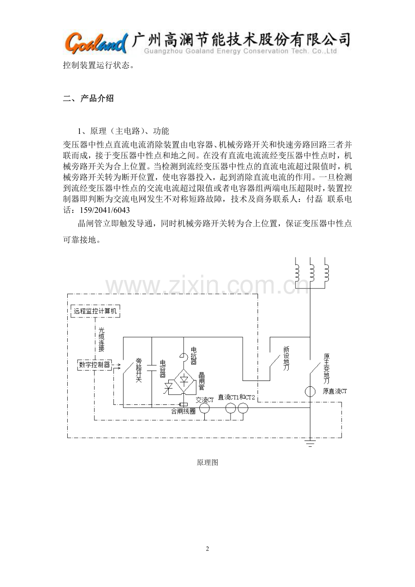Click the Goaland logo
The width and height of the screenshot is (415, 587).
(x=96, y=43)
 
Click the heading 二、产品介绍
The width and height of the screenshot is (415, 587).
(x=88, y=99)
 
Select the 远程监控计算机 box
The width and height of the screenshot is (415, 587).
(x=95, y=311)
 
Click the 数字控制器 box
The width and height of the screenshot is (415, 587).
(x=95, y=365)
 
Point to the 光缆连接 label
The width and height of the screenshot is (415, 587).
(x=101, y=339)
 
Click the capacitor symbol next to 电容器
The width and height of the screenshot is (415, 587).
(x=152, y=367)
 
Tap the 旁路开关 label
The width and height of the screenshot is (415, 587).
(x=139, y=370)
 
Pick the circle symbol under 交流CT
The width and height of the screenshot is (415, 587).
(x=204, y=408)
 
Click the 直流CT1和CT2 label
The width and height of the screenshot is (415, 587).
(x=236, y=397)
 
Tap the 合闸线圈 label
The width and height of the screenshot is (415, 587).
(x=184, y=411)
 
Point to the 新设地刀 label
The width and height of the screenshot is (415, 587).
(x=286, y=358)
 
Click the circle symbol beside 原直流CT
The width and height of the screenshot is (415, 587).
(x=310, y=392)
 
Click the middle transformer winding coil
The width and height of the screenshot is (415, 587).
(x=311, y=272)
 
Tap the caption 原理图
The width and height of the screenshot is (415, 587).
(x=207, y=463)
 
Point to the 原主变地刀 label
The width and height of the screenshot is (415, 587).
(x=327, y=369)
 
